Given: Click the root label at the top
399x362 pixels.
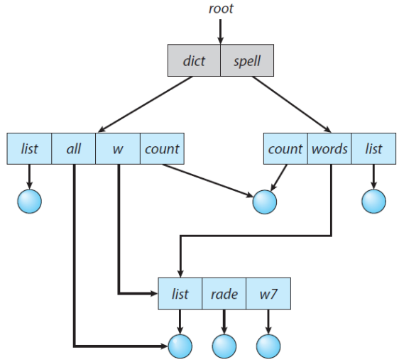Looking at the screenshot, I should (x=220, y=9).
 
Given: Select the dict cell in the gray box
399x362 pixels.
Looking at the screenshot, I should (x=194, y=60).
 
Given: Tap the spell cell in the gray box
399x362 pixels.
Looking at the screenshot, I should (x=247, y=60).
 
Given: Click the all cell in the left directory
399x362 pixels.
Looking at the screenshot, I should (x=74, y=149).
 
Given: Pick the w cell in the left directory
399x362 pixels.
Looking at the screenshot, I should (x=118, y=149).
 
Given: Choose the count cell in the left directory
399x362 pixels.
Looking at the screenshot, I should (x=162, y=149).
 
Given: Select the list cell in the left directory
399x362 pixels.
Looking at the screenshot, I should (x=29, y=149).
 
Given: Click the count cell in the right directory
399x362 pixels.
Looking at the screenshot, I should (x=285, y=149).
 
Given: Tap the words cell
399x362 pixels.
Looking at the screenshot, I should (x=329, y=149).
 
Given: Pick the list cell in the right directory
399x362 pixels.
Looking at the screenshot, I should (x=373, y=149).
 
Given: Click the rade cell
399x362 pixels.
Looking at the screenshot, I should (x=224, y=294).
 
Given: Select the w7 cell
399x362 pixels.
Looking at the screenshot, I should (x=268, y=294).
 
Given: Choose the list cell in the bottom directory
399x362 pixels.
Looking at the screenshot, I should (x=180, y=294).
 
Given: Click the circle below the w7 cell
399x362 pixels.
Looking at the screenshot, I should (x=268, y=346).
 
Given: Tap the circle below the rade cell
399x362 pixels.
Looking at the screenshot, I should (x=224, y=346).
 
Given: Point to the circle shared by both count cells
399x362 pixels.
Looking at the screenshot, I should (x=265, y=202).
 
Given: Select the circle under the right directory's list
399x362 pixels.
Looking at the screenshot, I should (x=373, y=202).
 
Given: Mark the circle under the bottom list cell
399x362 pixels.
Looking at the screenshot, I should (x=180, y=346).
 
